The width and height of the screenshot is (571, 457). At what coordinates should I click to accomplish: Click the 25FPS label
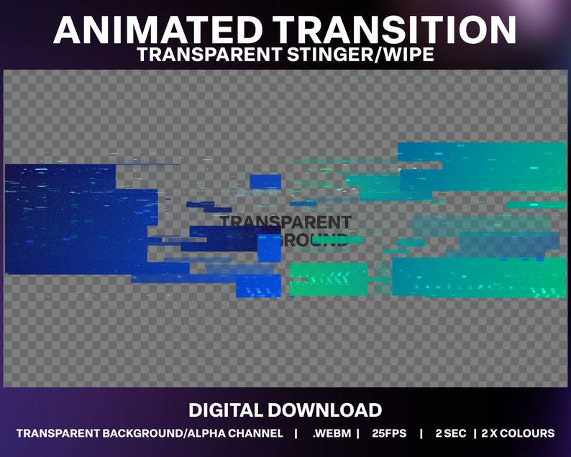tap(390, 433)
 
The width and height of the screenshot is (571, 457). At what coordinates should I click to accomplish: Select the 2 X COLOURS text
tap(518, 433)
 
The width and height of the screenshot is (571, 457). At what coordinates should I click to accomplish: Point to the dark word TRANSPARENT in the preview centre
tap(285, 222)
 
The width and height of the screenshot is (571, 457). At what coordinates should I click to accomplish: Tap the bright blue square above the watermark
tap(265, 181)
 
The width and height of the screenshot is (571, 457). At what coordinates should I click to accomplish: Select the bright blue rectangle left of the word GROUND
tap(269, 247)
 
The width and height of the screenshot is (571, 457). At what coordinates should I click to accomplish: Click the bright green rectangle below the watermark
tap(329, 279)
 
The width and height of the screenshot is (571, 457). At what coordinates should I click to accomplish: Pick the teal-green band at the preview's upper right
tap(482, 166)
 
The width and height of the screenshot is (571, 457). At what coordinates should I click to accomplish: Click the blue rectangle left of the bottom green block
tap(259, 286)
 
